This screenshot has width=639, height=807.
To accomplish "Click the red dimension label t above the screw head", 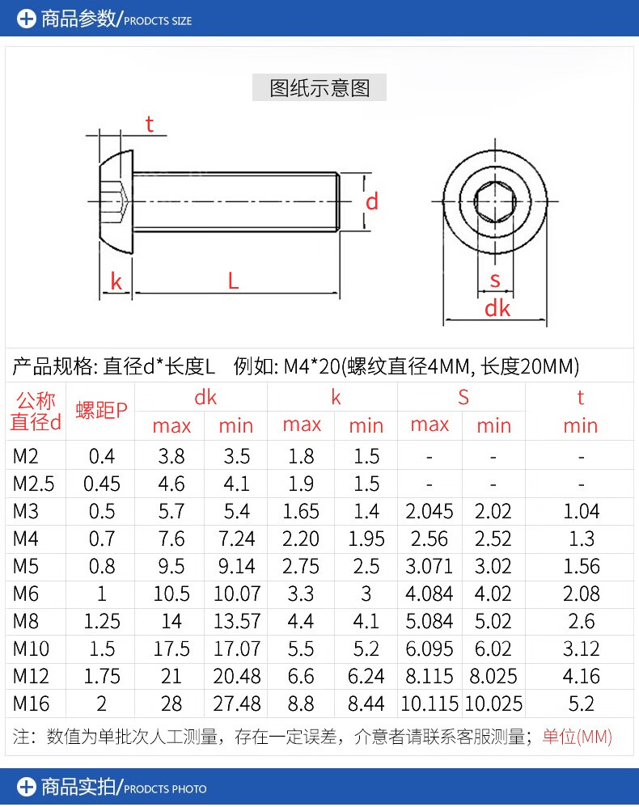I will tap(150, 124).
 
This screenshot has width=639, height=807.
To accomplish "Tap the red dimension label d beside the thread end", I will tap(372, 201).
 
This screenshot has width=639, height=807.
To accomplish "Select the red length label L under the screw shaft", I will tap(233, 281).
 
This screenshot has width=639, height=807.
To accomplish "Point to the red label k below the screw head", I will tap(116, 281).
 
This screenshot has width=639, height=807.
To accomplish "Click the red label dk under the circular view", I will tap(497, 308).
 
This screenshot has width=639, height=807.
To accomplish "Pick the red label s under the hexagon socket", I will tap(495, 281).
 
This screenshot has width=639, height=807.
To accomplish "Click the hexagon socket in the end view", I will tap(494, 202).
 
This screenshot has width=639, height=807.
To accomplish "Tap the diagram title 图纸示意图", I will tap(319, 87).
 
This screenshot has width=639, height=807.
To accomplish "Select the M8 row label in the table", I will tap(26, 621).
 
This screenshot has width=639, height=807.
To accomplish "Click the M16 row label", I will tap(31, 703).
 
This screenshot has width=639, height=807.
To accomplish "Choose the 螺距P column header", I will tap(102, 410).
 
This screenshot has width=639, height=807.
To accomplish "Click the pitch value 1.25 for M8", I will tap(102, 621).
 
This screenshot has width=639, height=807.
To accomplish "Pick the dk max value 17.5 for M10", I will tap(171, 649).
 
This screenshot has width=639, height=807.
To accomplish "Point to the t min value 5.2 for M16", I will tap(581, 703).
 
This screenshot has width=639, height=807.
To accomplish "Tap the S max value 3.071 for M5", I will tap(430, 566).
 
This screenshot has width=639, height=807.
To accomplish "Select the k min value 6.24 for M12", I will tap(366, 676).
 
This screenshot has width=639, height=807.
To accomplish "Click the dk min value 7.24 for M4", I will tap(236, 539).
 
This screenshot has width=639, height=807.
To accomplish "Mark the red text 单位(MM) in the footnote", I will tap(577, 737).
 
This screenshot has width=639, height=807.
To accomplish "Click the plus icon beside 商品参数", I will tap(27, 18).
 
